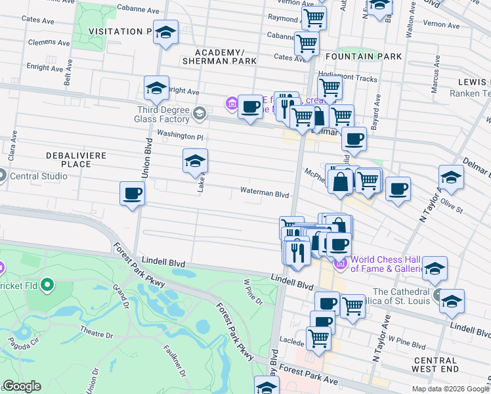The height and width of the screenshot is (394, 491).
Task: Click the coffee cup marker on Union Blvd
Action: (132, 194)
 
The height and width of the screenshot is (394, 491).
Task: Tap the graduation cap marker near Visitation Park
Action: (166, 32)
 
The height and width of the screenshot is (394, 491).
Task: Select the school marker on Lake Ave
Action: (195, 160)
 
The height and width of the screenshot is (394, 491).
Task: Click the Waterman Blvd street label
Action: (265, 194)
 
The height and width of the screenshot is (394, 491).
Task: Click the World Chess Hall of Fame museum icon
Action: (340, 264)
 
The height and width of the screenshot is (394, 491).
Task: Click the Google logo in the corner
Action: (22, 386)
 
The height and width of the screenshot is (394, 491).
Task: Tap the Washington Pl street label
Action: (180, 136)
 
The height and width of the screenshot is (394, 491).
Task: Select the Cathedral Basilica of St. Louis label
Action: (400, 296)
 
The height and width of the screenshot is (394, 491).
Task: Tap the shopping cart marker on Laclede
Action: (318, 338)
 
